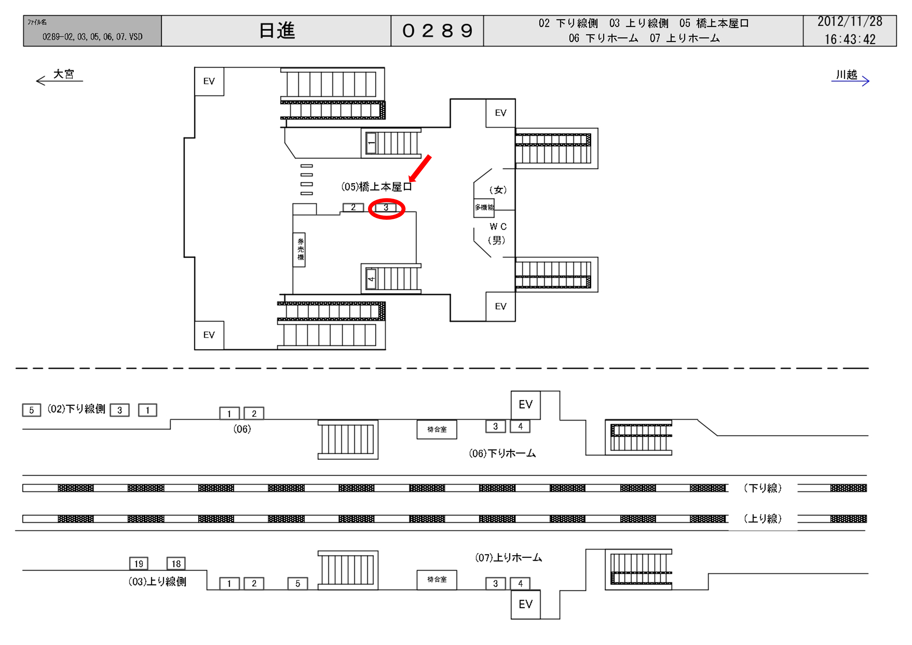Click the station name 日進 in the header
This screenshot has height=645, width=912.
(277, 31)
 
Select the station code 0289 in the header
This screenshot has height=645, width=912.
(437, 31)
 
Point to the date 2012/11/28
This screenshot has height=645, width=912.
(850, 22)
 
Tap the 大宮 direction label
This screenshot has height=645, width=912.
(63, 74)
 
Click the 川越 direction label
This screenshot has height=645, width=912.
(847, 75)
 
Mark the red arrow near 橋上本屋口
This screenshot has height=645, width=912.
(420, 168)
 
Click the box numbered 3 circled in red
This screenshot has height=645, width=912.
(386, 208)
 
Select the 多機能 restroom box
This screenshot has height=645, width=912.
(484, 207)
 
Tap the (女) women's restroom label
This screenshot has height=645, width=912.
(498, 190)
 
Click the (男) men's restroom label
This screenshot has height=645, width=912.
(496, 240)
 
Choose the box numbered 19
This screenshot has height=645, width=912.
(139, 564)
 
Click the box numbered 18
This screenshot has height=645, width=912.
(176, 564)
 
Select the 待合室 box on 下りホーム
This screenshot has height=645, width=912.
(437, 429)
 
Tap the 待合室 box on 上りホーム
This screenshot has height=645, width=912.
(437, 580)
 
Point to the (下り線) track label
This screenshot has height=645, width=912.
(762, 488)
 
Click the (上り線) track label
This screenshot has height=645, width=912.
(762, 519)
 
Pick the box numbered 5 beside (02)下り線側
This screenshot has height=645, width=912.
(31, 410)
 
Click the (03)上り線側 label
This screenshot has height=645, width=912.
(157, 582)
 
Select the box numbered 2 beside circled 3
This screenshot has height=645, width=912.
(353, 207)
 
